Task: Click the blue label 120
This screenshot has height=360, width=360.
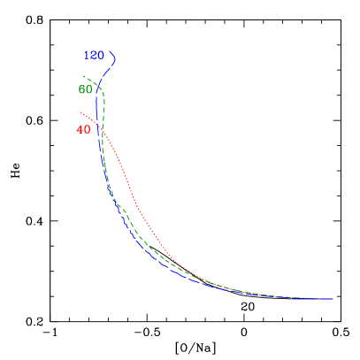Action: click(x=94, y=56)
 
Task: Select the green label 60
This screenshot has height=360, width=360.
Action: click(x=85, y=89)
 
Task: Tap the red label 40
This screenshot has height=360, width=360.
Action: click(x=83, y=130)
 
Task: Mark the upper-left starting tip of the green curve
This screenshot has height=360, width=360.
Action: click(x=83, y=77)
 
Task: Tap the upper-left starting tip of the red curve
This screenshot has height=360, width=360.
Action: click(x=80, y=112)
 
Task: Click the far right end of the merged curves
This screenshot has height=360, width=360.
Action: click(x=333, y=299)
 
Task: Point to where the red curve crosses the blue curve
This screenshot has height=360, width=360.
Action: click(x=98, y=126)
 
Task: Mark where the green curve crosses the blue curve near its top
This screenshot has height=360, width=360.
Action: click(x=101, y=86)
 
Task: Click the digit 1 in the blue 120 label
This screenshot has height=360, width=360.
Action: click(x=87, y=56)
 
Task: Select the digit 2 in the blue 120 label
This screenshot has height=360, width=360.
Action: click(x=94, y=56)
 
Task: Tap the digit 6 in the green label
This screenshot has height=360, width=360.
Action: click(x=81, y=89)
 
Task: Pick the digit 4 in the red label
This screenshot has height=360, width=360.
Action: click(x=80, y=130)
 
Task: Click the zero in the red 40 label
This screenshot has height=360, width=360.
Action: click(x=87, y=130)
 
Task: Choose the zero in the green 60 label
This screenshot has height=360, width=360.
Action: click(x=88, y=89)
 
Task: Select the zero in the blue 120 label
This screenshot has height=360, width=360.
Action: click(x=101, y=56)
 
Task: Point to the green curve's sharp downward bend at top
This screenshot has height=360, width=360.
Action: click(x=103, y=92)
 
